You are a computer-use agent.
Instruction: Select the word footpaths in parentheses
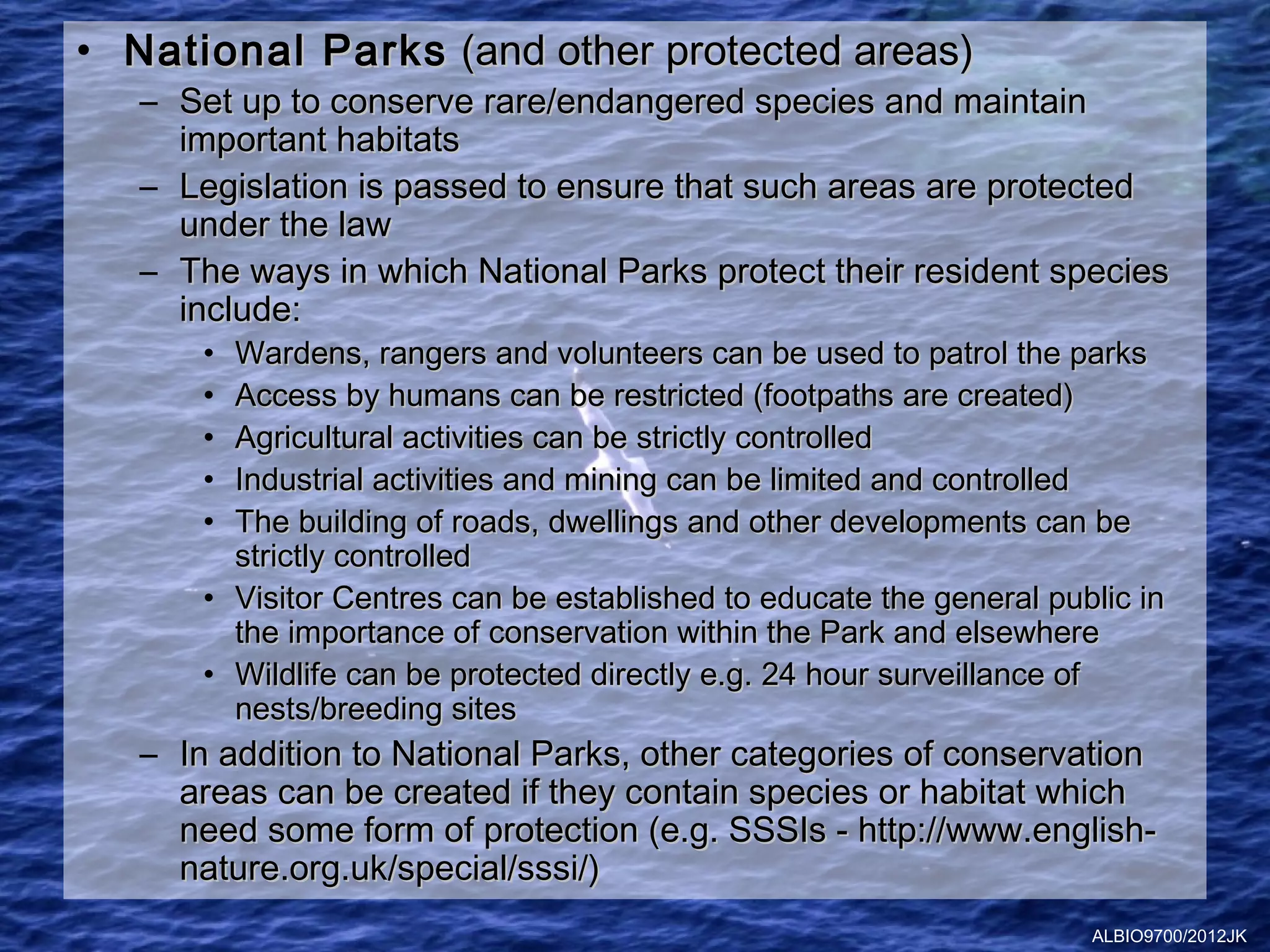828,396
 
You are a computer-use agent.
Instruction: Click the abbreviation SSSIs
777,831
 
